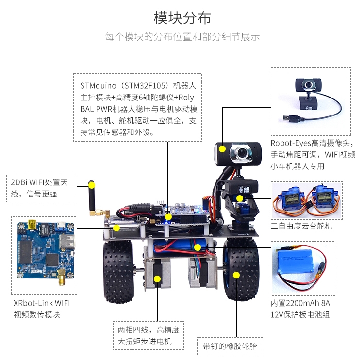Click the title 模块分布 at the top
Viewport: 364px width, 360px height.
182,18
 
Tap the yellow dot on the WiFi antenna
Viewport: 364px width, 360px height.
92,185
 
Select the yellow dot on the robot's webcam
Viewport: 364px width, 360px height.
222,149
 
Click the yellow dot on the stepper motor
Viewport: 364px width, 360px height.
157,279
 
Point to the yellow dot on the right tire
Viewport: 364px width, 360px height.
236,275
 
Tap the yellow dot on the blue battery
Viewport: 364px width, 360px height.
198,247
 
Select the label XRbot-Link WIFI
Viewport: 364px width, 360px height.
42,303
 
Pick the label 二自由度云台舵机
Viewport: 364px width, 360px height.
301,226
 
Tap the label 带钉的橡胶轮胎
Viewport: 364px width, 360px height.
230,346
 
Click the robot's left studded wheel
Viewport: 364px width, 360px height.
118,272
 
